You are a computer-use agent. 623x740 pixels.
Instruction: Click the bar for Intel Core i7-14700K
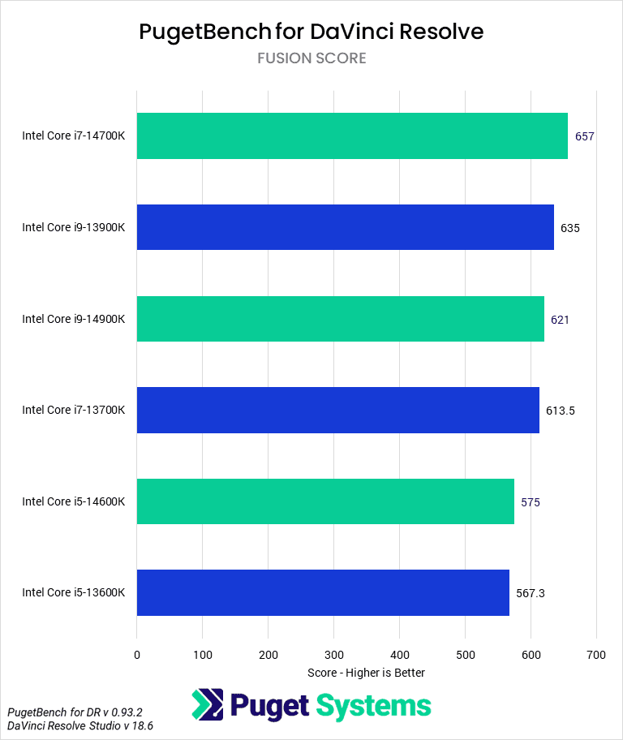coord(352,136)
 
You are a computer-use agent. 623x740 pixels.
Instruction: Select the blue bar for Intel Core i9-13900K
coord(346,227)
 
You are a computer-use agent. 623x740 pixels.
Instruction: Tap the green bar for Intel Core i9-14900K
coord(341,319)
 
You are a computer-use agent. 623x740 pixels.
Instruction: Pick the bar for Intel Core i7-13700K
coord(338,410)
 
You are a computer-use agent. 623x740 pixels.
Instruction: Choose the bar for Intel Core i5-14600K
coord(325,501)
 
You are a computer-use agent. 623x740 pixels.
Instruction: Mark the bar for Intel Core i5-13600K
coord(323,592)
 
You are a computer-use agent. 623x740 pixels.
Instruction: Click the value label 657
coord(585,136)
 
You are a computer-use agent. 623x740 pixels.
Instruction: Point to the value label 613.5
coord(561,411)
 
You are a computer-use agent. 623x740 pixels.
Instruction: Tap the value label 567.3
coord(531,593)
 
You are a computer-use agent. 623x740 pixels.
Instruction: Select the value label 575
coord(531,502)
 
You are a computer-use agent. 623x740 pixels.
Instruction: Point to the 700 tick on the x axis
coord(596,654)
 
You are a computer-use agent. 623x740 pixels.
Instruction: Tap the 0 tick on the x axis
coord(137,654)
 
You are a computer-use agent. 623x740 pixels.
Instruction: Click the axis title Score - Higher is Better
coord(367,673)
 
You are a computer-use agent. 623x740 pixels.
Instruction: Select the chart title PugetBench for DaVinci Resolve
coord(311,32)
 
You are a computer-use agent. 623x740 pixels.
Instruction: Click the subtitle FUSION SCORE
coord(311,58)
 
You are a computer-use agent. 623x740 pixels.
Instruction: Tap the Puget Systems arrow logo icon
coord(208,705)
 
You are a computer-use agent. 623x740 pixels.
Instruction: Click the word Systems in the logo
coord(374,706)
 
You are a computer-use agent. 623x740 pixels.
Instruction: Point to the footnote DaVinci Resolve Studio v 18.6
coord(80,725)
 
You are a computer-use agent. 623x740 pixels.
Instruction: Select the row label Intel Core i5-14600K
coord(74,501)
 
